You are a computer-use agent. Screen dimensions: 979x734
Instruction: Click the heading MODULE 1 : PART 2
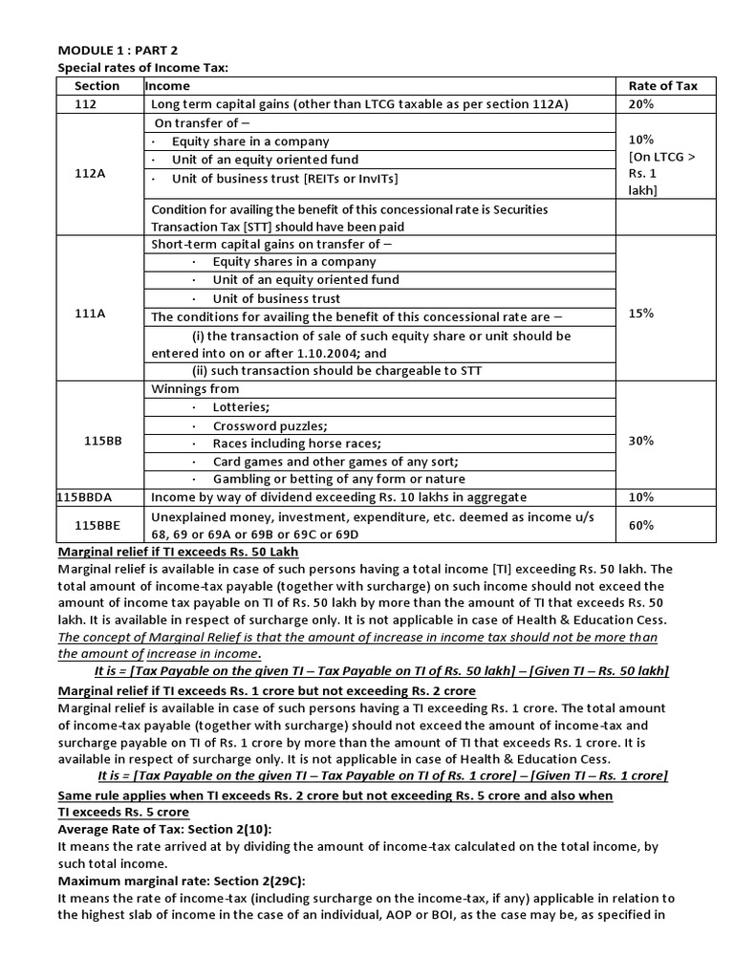119,51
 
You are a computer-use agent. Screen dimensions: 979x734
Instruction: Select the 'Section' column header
97,85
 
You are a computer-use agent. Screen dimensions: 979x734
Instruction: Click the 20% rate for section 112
640,104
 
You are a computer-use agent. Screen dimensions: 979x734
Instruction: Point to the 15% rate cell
640,313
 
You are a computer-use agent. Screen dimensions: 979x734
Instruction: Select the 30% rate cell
640,441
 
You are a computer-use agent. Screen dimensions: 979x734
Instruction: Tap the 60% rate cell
640,525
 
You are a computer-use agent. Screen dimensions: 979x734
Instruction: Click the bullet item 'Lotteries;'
241,407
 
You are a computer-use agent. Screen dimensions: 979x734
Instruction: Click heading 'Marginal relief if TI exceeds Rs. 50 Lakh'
179,552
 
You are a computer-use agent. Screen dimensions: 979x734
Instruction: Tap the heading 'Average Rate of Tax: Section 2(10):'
152,828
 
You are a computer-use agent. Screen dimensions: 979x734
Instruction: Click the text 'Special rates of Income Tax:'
143,68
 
